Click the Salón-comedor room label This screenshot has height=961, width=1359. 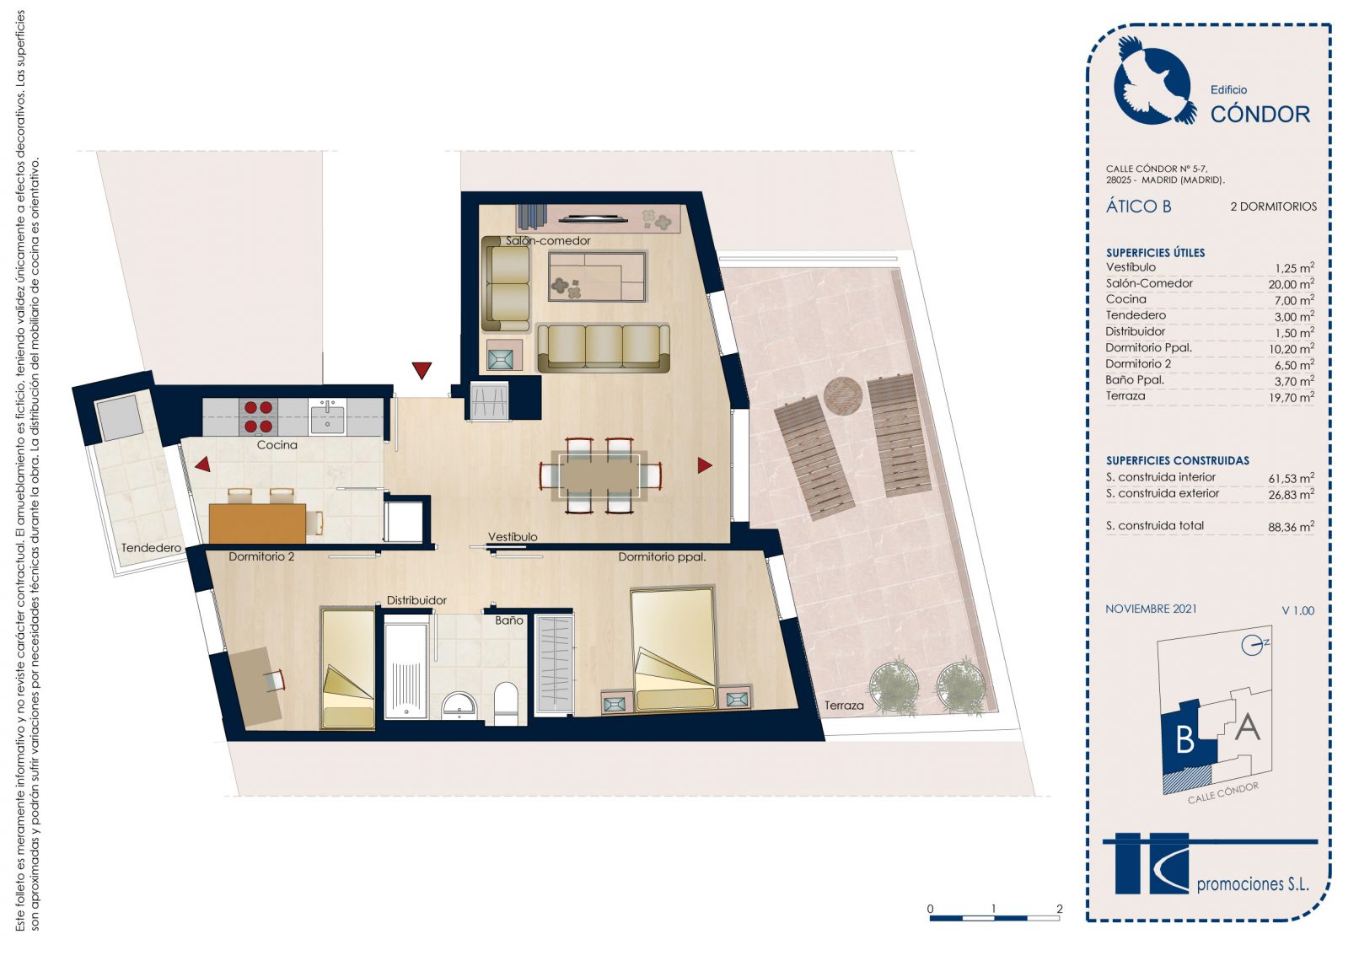(x=548, y=241)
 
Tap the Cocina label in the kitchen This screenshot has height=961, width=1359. (x=277, y=445)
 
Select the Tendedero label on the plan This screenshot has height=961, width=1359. (x=151, y=548)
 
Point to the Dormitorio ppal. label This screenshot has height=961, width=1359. (x=662, y=557)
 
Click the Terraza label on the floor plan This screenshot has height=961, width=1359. (x=843, y=706)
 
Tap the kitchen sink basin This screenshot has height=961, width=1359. (x=327, y=419)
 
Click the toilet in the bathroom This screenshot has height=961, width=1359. (x=505, y=704)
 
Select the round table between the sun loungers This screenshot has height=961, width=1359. (x=843, y=396)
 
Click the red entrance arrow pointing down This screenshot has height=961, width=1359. (x=422, y=370)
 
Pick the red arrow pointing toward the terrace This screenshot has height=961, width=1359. (x=704, y=465)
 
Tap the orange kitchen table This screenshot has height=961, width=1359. (x=256, y=523)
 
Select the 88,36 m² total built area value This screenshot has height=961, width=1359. (x=1291, y=526)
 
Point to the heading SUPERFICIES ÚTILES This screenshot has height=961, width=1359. (x=1155, y=253)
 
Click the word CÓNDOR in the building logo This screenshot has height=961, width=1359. (x=1260, y=114)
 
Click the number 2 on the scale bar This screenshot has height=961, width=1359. (x=1059, y=909)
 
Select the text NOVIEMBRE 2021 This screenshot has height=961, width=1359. (x=1151, y=609)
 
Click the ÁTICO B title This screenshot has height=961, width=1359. (x=1138, y=207)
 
